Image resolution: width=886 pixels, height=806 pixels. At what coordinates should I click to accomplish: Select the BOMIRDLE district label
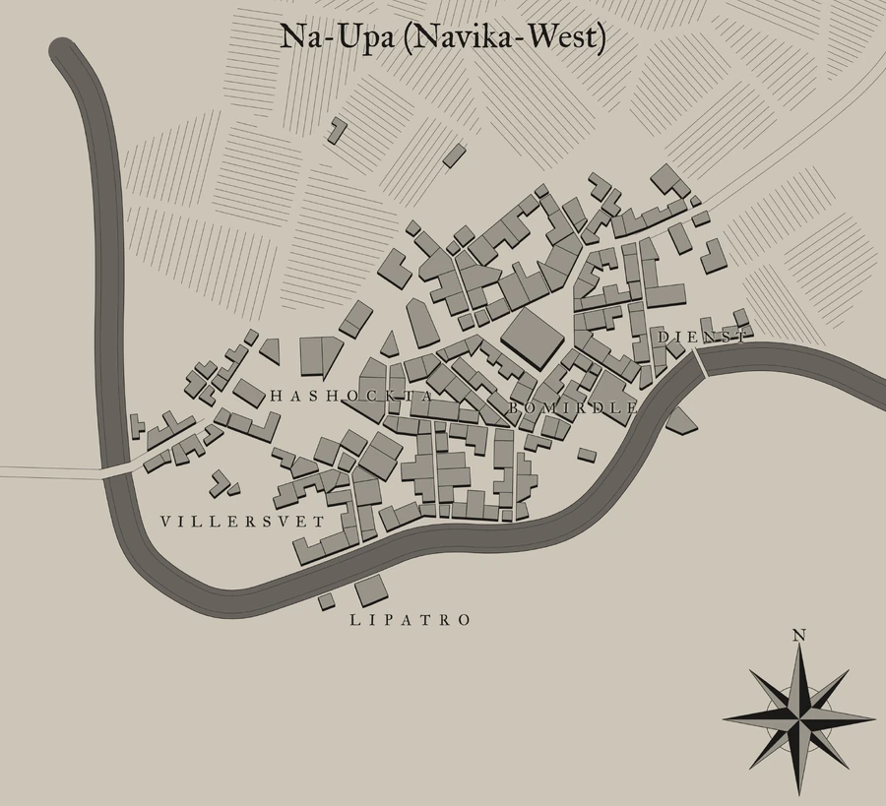coord(573,406)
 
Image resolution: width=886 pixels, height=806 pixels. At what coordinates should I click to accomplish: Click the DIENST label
coord(701,338)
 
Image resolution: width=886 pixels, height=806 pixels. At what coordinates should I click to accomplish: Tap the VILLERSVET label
coord(241,521)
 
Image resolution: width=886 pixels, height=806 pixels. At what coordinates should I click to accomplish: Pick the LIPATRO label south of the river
coord(411,620)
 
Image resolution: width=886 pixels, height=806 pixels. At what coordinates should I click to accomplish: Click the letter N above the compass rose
coord(799,636)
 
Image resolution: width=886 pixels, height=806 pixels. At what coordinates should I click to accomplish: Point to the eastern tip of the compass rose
coord(873,717)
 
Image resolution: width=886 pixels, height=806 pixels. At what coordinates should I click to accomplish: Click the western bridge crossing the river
coord(117,470)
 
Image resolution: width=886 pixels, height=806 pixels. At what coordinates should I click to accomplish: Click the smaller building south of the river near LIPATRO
coord(326,600)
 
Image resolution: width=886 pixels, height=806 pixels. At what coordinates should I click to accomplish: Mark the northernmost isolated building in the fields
coord(338,129)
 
